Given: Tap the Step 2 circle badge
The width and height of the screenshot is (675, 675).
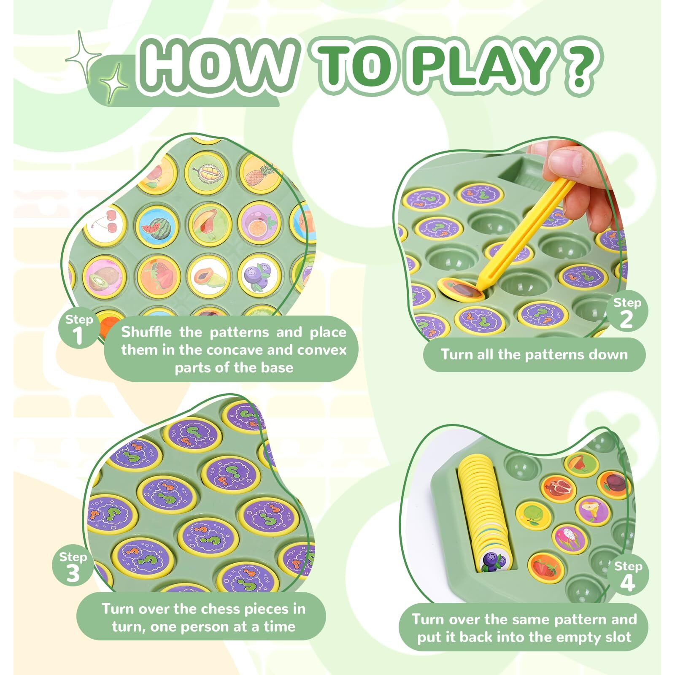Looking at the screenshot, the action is pyautogui.click(x=627, y=313).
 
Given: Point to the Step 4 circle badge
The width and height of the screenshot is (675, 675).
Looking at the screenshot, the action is pyautogui.click(x=628, y=576).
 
